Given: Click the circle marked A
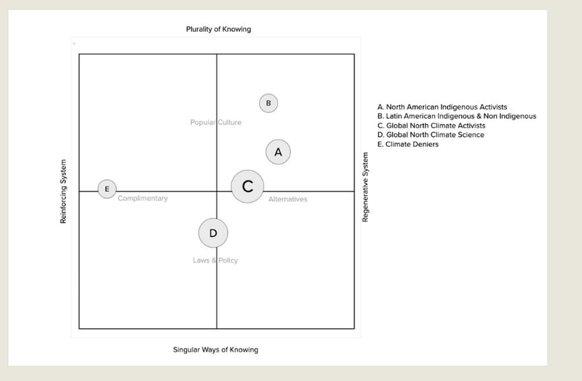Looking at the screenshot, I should pyautogui.click(x=278, y=151).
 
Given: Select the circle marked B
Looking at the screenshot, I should pyautogui.click(x=268, y=103).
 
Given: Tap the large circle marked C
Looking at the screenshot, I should pyautogui.click(x=247, y=186).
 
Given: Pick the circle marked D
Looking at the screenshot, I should pyautogui.click(x=213, y=233).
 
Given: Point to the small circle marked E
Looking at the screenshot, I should pyautogui.click(x=107, y=189).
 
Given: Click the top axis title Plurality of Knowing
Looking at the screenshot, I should pyautogui.click(x=218, y=29).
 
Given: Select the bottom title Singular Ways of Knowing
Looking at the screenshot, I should pyautogui.click(x=215, y=350).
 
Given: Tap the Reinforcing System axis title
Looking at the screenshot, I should pyautogui.click(x=64, y=191).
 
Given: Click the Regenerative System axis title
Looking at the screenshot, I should pyautogui.click(x=365, y=187).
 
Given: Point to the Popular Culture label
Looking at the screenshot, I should pyautogui.click(x=216, y=122).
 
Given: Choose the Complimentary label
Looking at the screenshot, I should pyautogui.click(x=143, y=199).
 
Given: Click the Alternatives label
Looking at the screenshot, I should pyautogui.click(x=288, y=199).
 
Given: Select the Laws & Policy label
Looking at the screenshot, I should pyautogui.click(x=215, y=260).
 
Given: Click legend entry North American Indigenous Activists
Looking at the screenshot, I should pyautogui.click(x=442, y=107).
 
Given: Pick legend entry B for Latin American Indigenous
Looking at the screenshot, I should pyautogui.click(x=456, y=116).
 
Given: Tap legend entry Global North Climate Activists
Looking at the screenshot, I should pyautogui.click(x=431, y=125).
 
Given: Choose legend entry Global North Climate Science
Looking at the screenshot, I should pyautogui.click(x=431, y=135).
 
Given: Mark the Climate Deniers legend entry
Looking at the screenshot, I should pyautogui.click(x=408, y=144).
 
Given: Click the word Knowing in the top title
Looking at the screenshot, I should pyautogui.click(x=238, y=29).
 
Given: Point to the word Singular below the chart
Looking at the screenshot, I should pyautogui.click(x=186, y=350).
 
